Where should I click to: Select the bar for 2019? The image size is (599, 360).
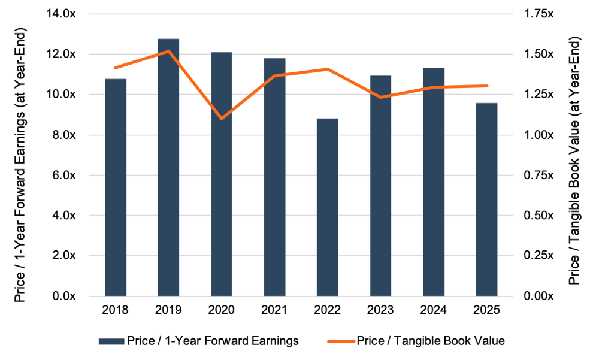(168, 168)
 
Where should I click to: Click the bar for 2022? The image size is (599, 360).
(328, 207)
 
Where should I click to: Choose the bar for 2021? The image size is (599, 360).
(274, 177)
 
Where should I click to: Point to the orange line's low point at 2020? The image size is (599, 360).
(222, 119)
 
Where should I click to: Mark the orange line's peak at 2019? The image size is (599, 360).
(168, 51)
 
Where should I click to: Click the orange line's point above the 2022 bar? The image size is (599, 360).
(328, 69)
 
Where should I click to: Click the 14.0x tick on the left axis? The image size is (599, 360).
(69, 14)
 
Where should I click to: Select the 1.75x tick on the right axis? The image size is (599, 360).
(539, 14)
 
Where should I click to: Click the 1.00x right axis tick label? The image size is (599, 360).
(539, 135)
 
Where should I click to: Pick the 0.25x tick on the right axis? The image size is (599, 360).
(539, 256)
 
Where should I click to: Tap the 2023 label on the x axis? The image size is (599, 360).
(380, 311)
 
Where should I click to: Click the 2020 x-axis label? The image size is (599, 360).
(222, 311)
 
